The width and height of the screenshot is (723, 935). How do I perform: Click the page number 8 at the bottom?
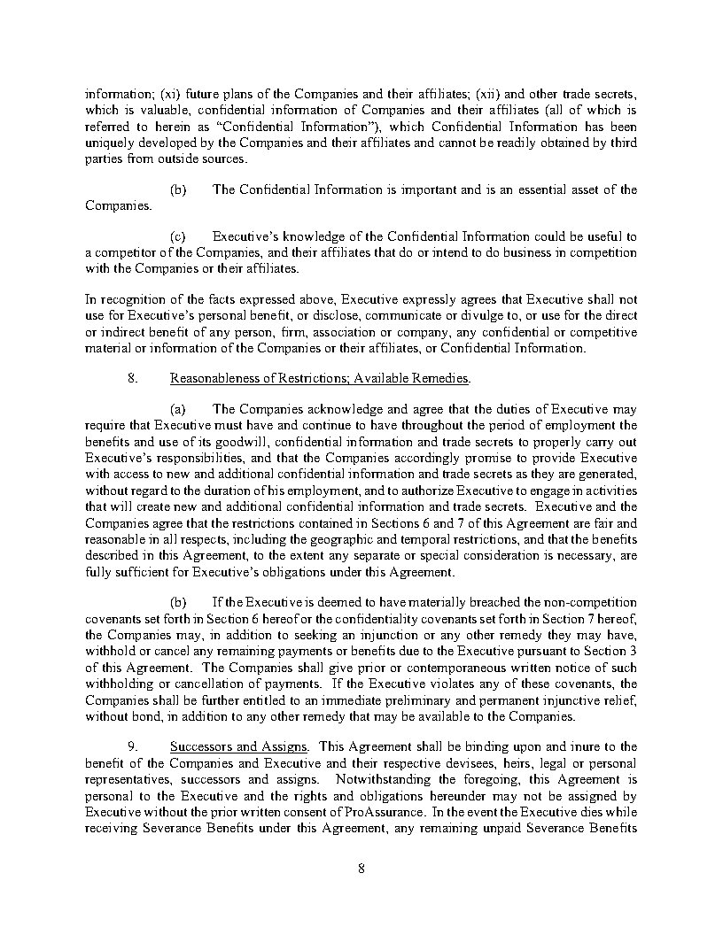361,867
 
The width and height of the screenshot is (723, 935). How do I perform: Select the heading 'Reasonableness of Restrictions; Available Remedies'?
319,378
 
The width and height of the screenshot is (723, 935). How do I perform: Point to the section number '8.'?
134,378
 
